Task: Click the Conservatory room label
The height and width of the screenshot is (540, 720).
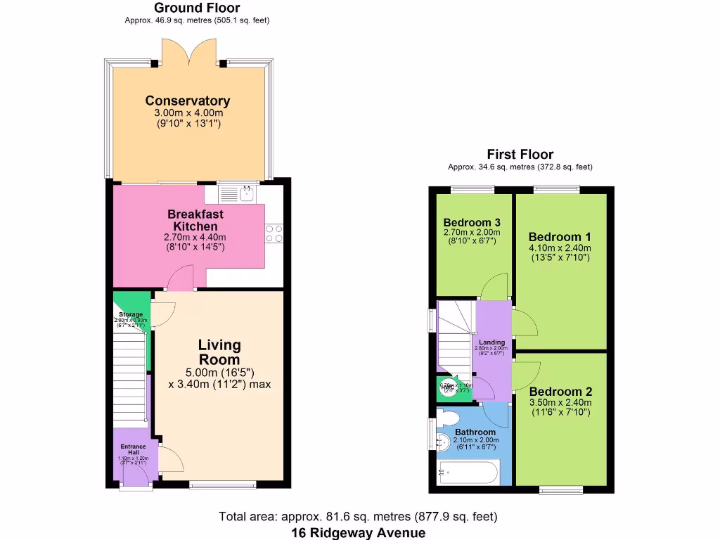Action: coord(187,101)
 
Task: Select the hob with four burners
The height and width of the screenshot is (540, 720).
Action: coord(274,233)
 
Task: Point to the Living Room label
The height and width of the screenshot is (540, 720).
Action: coord(219,352)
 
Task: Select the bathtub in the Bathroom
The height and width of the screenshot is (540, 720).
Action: coord(468,472)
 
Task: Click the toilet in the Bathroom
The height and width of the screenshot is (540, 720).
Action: coord(447,418)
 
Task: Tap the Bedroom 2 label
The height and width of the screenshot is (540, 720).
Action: coord(560,392)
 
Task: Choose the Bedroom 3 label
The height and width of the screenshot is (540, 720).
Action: coord(471,223)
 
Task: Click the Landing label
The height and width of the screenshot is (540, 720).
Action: coord(492,342)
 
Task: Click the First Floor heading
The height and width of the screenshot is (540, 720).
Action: coord(520,155)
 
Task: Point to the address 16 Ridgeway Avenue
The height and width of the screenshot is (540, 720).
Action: coord(359,532)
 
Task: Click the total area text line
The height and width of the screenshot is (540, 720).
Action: coord(359,517)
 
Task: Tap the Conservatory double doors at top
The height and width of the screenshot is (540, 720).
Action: coord(187,51)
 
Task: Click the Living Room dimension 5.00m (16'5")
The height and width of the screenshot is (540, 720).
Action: coord(219,372)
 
